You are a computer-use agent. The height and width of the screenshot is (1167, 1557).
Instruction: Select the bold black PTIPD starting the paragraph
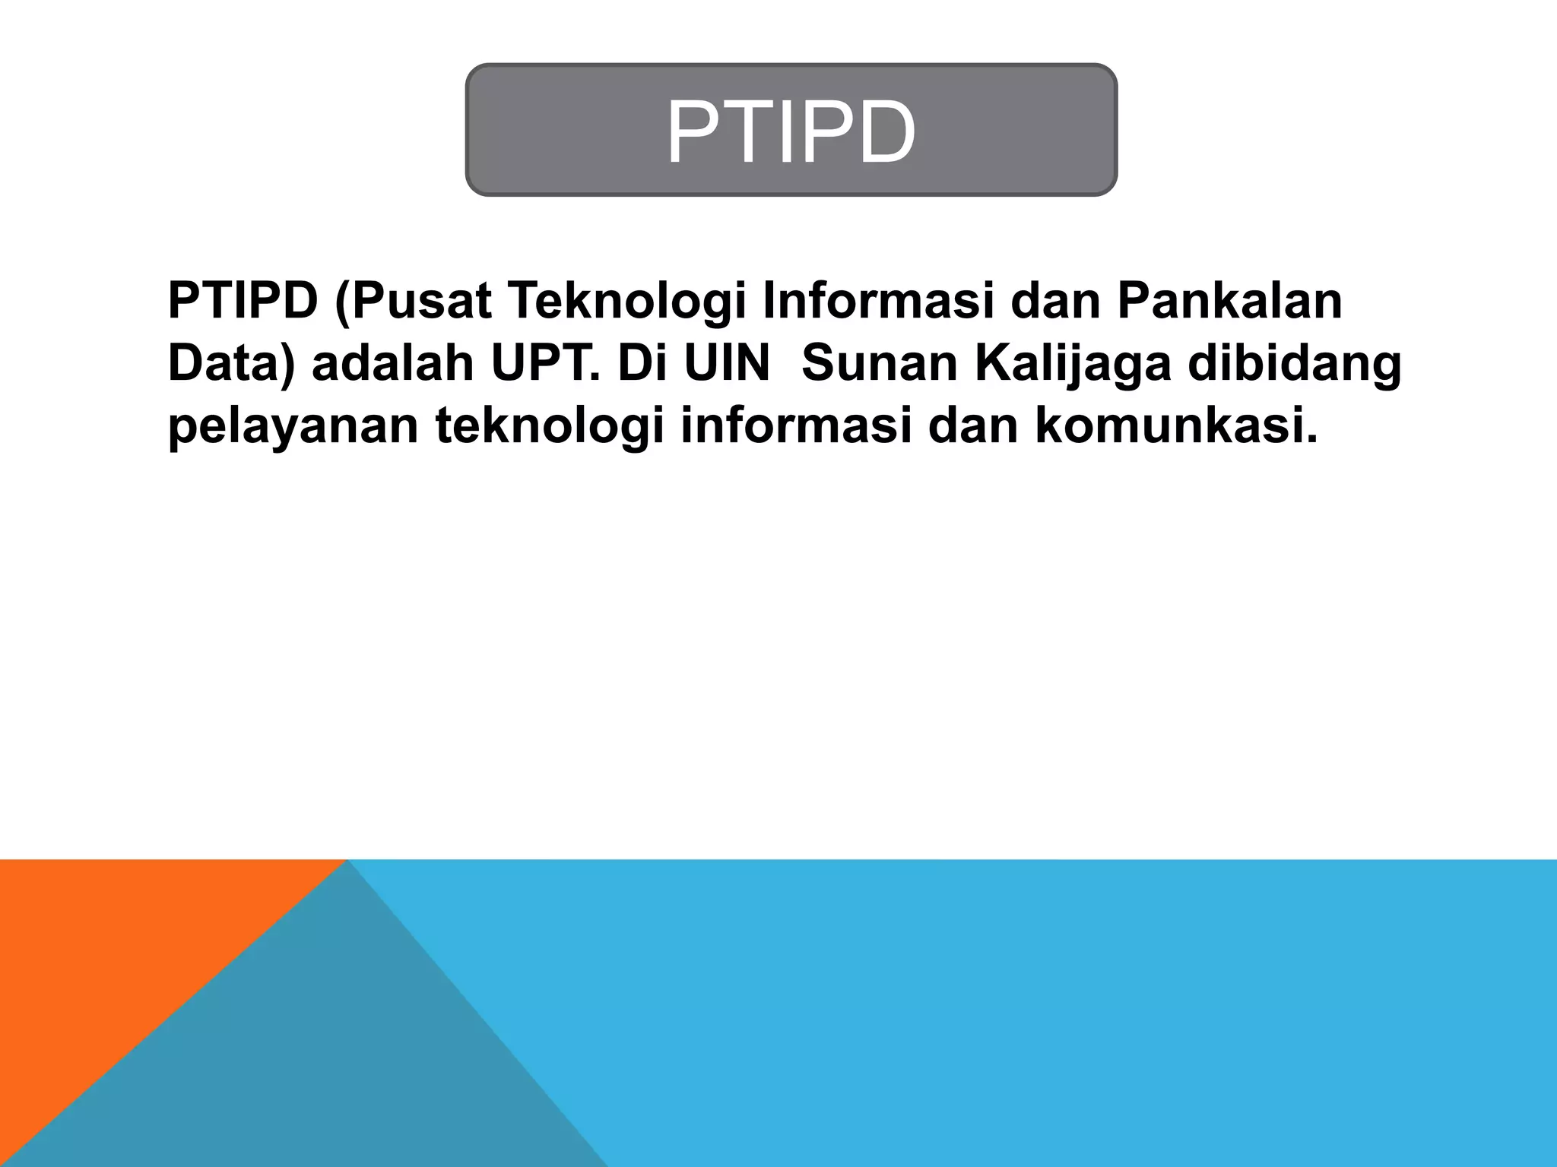243,300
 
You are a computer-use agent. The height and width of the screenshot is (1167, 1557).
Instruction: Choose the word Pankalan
1229,300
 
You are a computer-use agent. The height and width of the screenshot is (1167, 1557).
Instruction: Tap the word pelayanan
293,426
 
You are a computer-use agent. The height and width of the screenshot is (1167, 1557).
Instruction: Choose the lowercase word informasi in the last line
795,425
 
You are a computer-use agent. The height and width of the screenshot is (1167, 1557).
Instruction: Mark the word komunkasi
1175,425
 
